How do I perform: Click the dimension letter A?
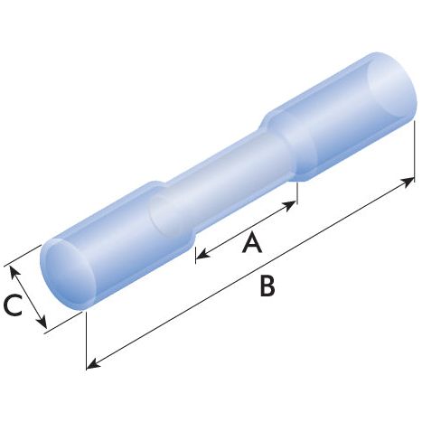[253, 241]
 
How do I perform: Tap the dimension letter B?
[267, 286]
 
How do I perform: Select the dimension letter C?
[13, 306]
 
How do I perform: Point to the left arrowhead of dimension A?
[199, 256]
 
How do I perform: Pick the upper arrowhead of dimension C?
[10, 268]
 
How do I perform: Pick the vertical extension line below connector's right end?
[416, 154]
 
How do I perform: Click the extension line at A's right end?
[296, 192]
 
